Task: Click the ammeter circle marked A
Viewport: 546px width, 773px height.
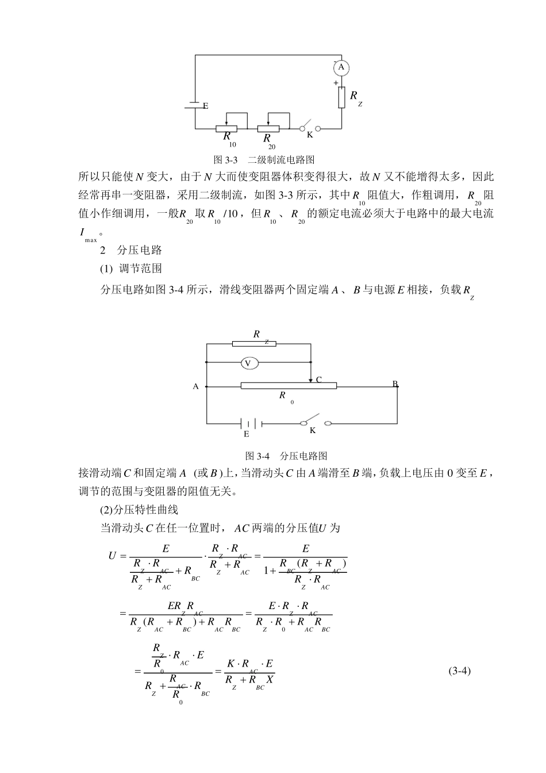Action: point(341,68)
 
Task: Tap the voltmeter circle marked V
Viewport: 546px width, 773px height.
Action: point(248,363)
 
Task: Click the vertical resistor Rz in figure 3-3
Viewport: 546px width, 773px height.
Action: point(341,97)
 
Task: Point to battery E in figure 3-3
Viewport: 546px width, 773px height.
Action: point(195,105)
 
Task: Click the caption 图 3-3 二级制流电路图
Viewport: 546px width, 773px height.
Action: point(264,159)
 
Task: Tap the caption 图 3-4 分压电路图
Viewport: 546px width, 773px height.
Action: point(286,456)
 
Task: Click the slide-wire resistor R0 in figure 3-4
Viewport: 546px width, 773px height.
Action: point(289,385)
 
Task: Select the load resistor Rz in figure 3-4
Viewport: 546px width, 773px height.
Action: point(254,343)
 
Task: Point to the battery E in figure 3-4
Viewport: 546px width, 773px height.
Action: point(251,424)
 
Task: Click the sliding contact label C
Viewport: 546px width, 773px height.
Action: point(318,380)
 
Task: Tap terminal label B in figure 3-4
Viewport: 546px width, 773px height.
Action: point(395,383)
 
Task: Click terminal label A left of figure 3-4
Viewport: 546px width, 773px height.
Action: point(195,386)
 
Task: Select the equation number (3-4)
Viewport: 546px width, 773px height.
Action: point(459,671)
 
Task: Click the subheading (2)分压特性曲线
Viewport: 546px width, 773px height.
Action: point(139,510)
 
